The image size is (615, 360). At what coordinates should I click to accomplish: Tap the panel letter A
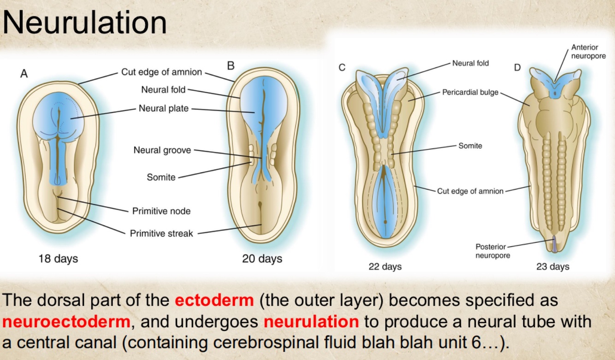coord(24,74)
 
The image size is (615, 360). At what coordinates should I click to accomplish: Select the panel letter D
coord(517,68)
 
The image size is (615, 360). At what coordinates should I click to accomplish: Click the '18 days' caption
coord(58,259)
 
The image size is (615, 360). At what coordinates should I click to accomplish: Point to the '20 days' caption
coord(262,259)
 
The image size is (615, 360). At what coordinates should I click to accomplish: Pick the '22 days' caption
coord(385,266)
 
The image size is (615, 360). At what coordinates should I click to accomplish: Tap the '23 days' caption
coord(552,266)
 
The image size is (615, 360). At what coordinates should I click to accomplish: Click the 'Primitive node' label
coord(161,211)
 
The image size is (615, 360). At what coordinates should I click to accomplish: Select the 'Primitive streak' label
coord(161,233)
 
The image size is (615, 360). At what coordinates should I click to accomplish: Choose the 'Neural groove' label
coord(162,150)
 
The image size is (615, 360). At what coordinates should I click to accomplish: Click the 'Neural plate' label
coord(164,109)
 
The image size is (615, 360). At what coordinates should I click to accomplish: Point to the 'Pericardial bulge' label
coord(470,92)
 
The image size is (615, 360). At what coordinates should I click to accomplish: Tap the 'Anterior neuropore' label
coord(588,51)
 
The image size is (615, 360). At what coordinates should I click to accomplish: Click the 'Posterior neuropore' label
coord(492,251)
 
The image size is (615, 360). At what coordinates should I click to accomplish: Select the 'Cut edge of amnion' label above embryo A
coord(161,72)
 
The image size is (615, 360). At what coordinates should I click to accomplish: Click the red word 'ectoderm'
coord(214,300)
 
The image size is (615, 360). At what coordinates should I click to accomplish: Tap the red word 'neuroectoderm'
coord(66,321)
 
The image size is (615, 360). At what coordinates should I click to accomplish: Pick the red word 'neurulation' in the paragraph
coord(311,321)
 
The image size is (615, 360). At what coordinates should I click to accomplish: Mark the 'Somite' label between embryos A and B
coord(161,177)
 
